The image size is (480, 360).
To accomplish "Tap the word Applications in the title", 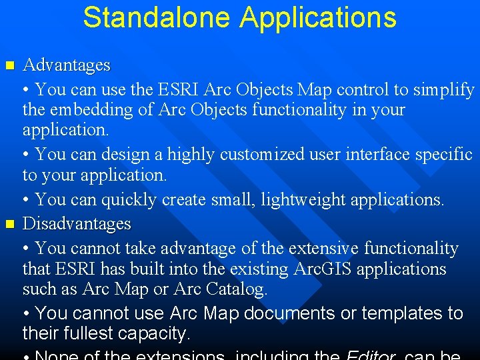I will click(318, 18).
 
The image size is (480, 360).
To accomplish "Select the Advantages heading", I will click(66, 65).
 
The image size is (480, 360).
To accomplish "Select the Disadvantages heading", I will click(77, 223).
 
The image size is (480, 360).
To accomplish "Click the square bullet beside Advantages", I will click(9, 65).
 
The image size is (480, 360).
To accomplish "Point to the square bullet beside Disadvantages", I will click(9, 223).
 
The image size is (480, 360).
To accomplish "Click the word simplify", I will click(443, 89).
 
